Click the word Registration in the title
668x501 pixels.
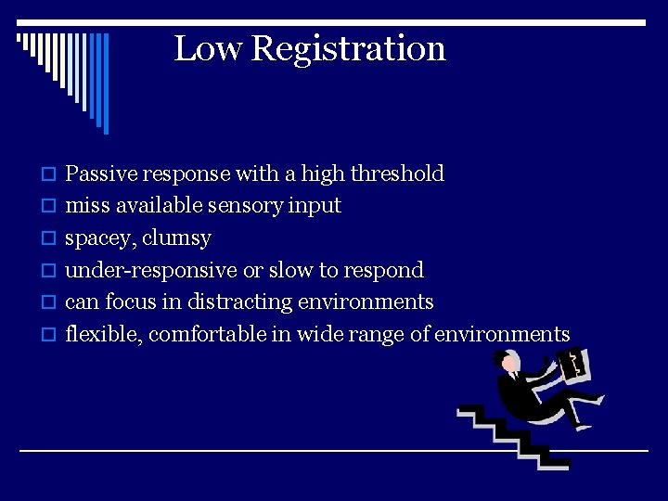pyautogui.click(x=349, y=49)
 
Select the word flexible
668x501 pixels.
pyautogui.click(x=100, y=334)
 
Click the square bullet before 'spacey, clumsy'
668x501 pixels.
pyautogui.click(x=51, y=238)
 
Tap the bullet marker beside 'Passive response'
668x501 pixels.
pyautogui.click(x=51, y=174)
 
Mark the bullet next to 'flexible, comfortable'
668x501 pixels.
pyautogui.click(x=51, y=335)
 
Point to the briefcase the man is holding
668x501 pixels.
pyautogui.click(x=575, y=365)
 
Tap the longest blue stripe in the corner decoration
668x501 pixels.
pyautogui.click(x=105, y=83)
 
